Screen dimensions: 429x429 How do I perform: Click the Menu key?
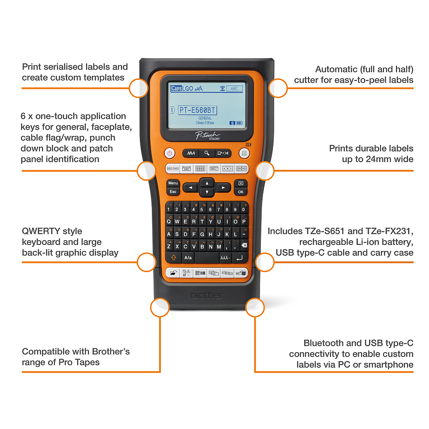coord(173,183)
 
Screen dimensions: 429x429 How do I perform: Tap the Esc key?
coord(173,192)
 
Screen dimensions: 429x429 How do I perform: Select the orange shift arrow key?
coord(173,258)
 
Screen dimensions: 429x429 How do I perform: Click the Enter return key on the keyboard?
coord(240,258)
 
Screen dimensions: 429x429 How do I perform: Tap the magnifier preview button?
coord(207,153)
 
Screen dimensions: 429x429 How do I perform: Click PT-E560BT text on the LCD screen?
coord(197,111)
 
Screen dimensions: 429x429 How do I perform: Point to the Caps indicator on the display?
coord(176,88)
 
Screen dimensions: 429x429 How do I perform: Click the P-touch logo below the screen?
coord(207,136)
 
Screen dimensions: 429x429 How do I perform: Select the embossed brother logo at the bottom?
coord(207,296)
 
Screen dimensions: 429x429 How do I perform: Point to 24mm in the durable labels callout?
coord(376,159)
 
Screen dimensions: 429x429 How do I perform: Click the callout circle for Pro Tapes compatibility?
coord(159,308)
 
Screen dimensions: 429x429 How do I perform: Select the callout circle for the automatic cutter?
coord(278,88)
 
